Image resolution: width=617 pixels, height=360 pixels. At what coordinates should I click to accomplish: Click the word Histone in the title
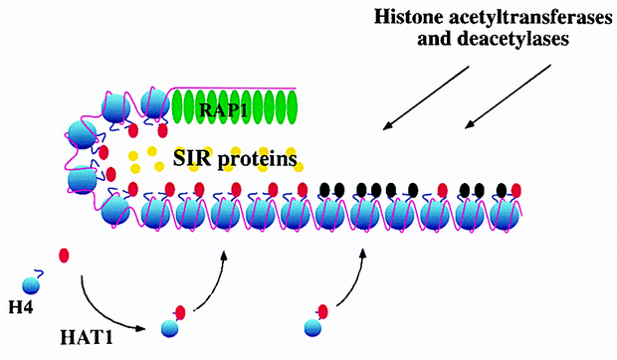(x=409, y=18)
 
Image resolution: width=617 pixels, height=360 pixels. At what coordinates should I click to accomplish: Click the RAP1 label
(x=223, y=109)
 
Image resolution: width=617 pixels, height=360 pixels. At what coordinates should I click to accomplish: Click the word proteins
(x=257, y=160)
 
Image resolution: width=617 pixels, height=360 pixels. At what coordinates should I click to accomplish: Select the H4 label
(x=21, y=307)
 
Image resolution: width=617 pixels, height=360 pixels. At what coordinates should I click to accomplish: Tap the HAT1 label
(x=87, y=337)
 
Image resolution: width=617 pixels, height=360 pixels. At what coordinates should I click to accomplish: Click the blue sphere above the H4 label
(x=31, y=285)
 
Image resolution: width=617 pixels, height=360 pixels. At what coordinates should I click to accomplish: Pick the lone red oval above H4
(x=64, y=256)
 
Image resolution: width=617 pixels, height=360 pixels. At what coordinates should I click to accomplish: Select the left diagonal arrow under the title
(x=426, y=97)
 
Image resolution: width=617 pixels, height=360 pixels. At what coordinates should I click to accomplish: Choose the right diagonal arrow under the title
(x=508, y=96)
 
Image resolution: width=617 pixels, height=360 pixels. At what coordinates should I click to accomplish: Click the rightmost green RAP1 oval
(x=292, y=107)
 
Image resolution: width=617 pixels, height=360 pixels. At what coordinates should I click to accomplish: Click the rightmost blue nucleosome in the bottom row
(x=505, y=215)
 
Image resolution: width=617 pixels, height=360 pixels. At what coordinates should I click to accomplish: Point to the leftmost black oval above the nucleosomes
(x=324, y=190)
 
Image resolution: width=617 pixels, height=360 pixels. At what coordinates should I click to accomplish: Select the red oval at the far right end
(x=516, y=191)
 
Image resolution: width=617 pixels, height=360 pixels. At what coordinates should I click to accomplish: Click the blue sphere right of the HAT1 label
(x=169, y=328)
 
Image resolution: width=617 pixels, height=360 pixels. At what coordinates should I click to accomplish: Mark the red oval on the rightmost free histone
(x=322, y=311)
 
